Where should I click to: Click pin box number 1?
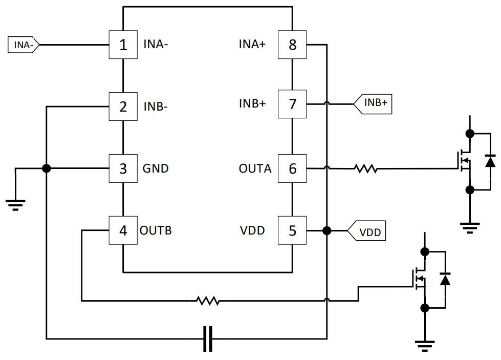(x=123, y=45)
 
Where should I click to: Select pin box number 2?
(x=123, y=107)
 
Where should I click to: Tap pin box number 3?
(x=123, y=168)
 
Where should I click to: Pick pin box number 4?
(x=123, y=230)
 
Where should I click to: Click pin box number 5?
(x=292, y=230)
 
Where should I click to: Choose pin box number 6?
(x=292, y=168)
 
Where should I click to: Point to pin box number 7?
(x=292, y=104)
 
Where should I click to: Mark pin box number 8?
(x=292, y=45)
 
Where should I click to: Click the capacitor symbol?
(x=208, y=338)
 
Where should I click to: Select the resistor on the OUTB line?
(x=208, y=301)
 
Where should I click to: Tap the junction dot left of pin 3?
(x=47, y=168)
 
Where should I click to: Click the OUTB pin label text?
(x=156, y=230)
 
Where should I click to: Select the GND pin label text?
(x=156, y=168)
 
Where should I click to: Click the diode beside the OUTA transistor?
(x=490, y=161)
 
